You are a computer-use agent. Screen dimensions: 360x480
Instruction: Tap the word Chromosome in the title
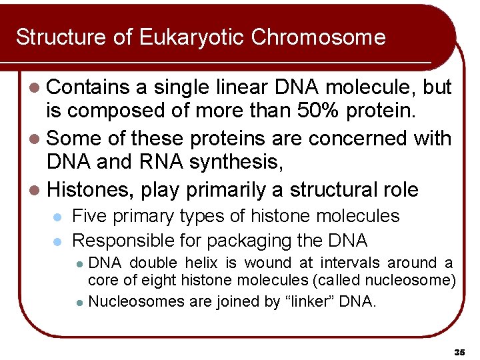(318, 37)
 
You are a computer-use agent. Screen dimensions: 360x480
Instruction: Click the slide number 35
(459, 351)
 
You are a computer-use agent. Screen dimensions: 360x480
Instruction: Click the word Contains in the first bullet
(89, 87)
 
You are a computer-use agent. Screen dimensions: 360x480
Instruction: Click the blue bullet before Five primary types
(57, 217)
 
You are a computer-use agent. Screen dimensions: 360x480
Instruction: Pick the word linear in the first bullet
(236, 87)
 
